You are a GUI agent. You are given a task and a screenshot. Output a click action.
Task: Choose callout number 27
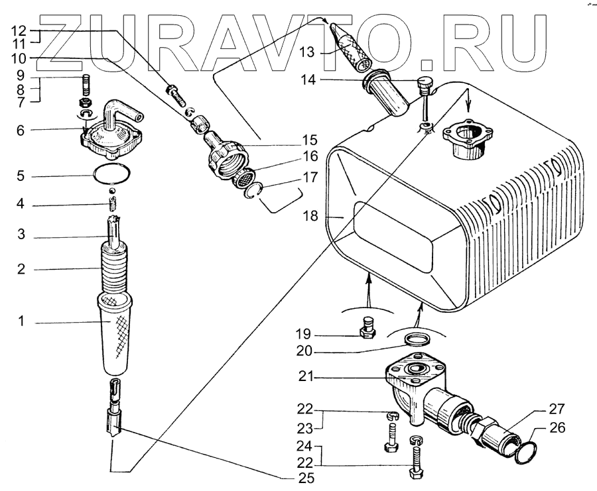click(557, 408)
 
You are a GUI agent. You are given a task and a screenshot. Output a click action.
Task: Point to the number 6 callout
click(21, 131)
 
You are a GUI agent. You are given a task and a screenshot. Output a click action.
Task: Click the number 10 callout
click(20, 59)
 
